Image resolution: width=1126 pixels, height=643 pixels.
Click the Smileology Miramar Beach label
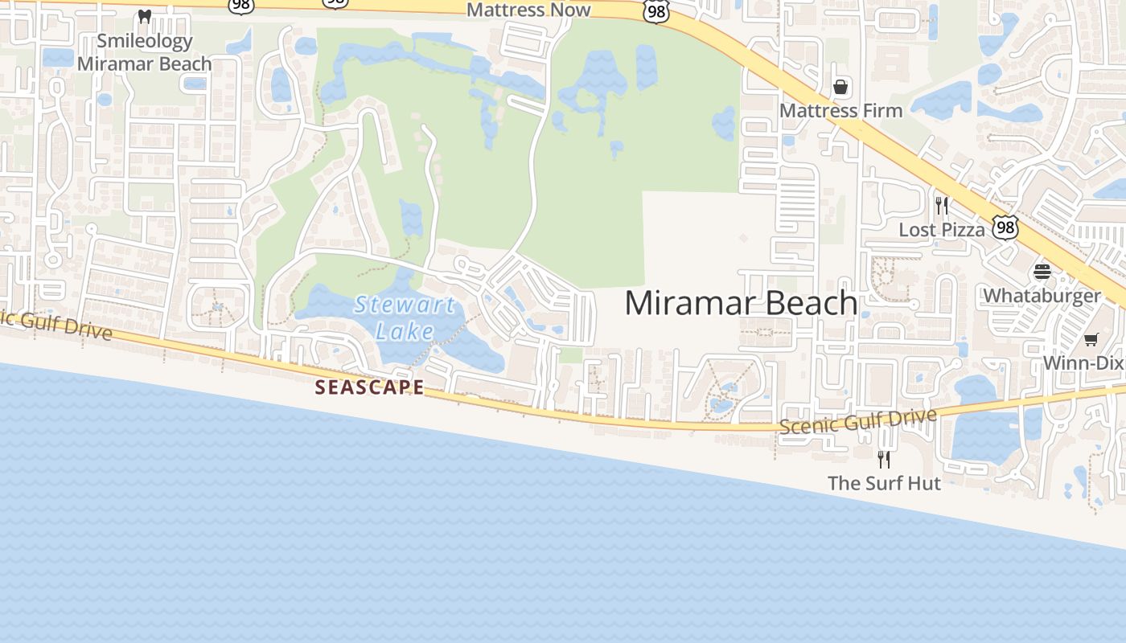tap(145, 52)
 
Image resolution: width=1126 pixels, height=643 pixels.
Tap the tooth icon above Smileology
tap(145, 16)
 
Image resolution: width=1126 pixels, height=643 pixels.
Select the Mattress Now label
tap(528, 10)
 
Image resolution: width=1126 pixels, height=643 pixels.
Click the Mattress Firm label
tap(841, 110)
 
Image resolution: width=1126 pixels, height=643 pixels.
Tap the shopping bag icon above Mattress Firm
tap(840, 86)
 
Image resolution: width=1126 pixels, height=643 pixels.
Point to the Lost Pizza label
tap(941, 229)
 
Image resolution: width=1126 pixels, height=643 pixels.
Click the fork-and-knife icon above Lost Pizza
tap(942, 206)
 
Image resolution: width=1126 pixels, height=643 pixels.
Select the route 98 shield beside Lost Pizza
tap(1005, 227)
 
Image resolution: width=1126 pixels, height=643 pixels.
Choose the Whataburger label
tap(1042, 295)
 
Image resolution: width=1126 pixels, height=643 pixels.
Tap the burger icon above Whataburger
tap(1042, 272)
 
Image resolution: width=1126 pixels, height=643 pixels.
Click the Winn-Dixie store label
tap(1083, 362)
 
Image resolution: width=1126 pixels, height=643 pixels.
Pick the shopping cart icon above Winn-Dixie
tap(1091, 340)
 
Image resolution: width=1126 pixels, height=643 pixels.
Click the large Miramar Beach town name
tap(741, 303)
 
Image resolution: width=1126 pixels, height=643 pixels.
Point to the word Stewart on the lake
tap(405, 305)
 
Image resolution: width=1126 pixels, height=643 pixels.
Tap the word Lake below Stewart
tap(405, 330)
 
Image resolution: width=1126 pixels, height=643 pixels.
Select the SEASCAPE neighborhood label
tap(369, 387)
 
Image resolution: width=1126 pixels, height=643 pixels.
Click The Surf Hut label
tap(884, 483)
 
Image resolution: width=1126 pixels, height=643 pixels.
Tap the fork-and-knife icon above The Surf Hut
tap(884, 459)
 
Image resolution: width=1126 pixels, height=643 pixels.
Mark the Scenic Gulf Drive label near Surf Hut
tap(857, 422)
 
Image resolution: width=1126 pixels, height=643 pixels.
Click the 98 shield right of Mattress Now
tap(657, 11)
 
